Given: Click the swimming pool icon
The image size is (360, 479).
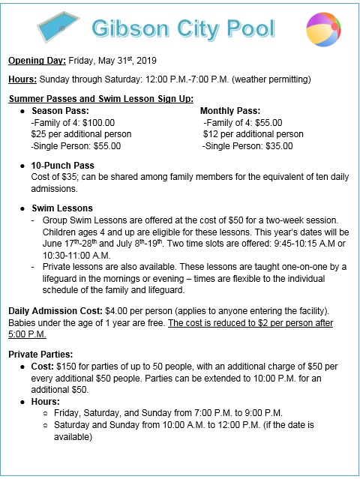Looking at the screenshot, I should [59, 28].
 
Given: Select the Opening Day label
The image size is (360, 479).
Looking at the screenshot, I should [37, 60].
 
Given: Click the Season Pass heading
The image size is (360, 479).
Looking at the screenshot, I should [58, 111].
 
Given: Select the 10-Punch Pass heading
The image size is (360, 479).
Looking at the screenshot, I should [63, 165].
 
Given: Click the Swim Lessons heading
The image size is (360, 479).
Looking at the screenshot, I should [61, 208].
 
